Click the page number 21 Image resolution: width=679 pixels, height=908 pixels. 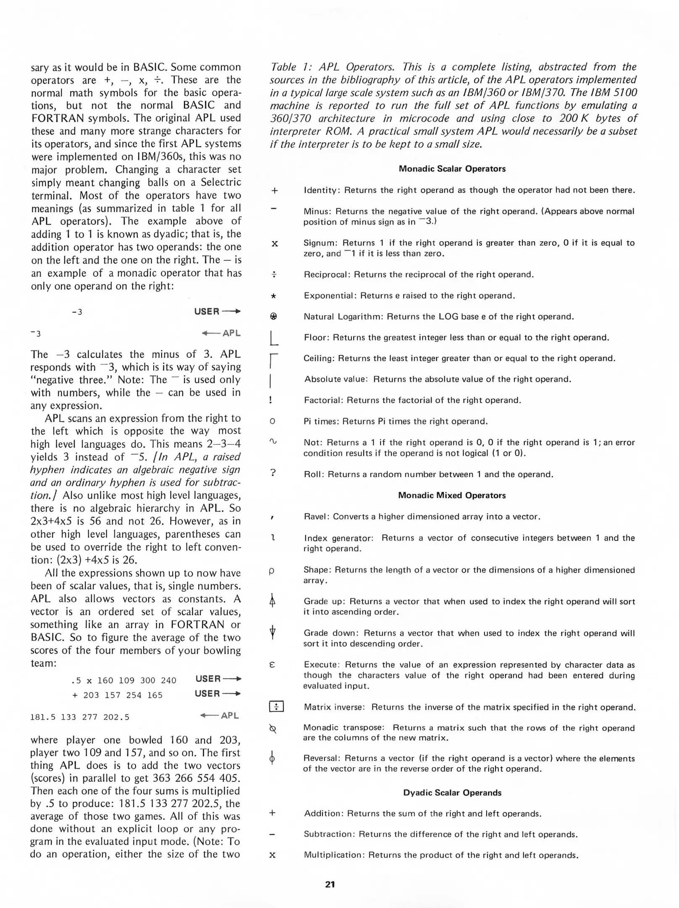tap(330, 884)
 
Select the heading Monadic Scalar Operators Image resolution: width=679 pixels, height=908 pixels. tap(452, 169)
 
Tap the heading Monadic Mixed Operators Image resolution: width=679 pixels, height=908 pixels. tap(452, 495)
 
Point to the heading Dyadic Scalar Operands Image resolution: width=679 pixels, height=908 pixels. tap(452, 792)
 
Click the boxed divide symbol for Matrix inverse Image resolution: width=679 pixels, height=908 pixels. tap(276, 707)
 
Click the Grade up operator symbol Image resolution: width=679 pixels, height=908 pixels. tap(273, 602)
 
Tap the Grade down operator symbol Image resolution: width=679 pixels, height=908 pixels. tap(273, 632)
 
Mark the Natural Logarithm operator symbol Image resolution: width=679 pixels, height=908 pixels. tap(273, 316)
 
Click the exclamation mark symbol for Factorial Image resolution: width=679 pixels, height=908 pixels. tap(271, 400)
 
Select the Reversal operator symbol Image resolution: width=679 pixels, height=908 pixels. tap(272, 759)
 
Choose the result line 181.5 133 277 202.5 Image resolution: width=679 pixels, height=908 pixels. tap(80, 717)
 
